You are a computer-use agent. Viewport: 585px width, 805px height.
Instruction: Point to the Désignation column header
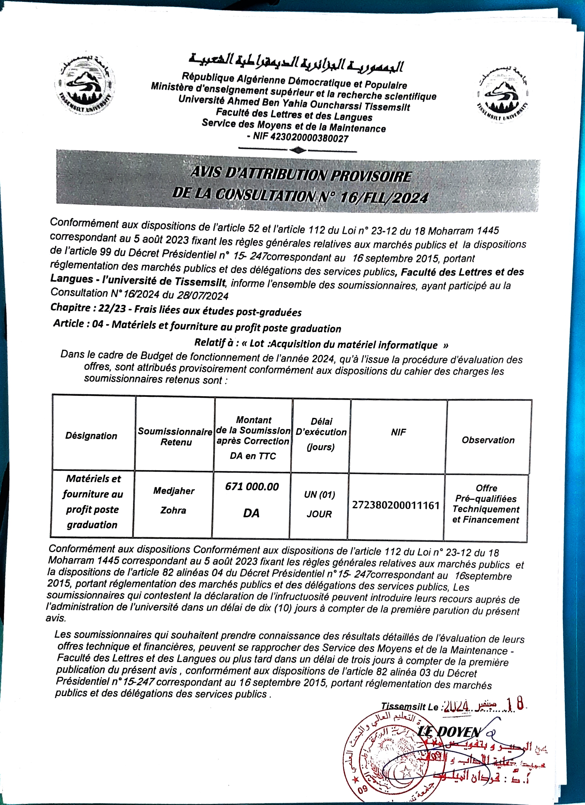(x=91, y=436)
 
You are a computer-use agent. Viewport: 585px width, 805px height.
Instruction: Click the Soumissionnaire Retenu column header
(x=175, y=437)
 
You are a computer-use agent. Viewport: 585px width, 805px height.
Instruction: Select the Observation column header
(x=488, y=440)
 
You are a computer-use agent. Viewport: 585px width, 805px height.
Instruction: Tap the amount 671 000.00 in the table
(x=252, y=487)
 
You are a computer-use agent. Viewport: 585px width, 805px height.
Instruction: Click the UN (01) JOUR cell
(x=319, y=504)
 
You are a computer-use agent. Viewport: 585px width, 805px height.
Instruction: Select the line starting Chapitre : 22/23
(x=176, y=309)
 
